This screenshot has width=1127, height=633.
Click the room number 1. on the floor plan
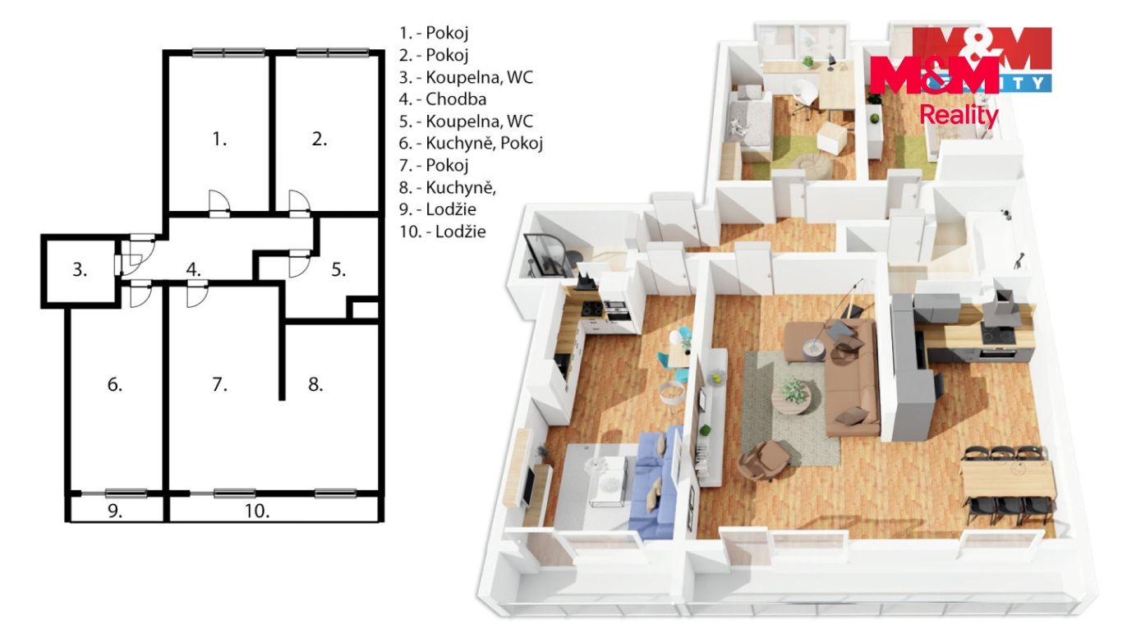point(219,140)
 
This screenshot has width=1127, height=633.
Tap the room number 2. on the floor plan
point(320,139)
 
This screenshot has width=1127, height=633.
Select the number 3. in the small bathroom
point(80,270)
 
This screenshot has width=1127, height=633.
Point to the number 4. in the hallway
point(194,269)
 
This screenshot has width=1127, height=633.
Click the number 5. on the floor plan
point(338,270)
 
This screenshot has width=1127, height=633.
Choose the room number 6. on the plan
point(115,384)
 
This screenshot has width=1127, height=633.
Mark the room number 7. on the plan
point(219,384)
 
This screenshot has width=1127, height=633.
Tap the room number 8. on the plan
point(315,384)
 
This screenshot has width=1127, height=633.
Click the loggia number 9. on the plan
point(115,511)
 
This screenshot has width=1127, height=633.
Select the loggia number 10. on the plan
point(257,511)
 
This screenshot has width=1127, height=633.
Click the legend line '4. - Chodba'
point(443,99)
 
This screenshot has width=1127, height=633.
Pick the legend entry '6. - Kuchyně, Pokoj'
point(471,144)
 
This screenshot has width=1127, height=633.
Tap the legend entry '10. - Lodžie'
point(443,232)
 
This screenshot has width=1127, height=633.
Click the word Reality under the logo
point(959,116)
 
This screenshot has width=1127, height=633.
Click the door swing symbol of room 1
point(219,203)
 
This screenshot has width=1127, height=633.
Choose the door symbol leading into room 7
point(196,295)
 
